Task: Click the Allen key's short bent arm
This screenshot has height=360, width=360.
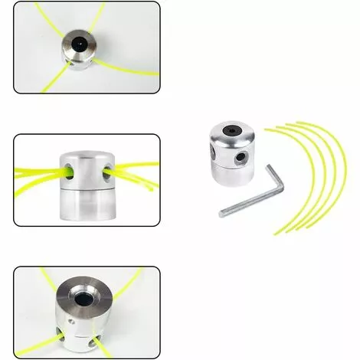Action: tap(275, 180)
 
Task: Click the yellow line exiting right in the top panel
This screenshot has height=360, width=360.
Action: tap(130, 70)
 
